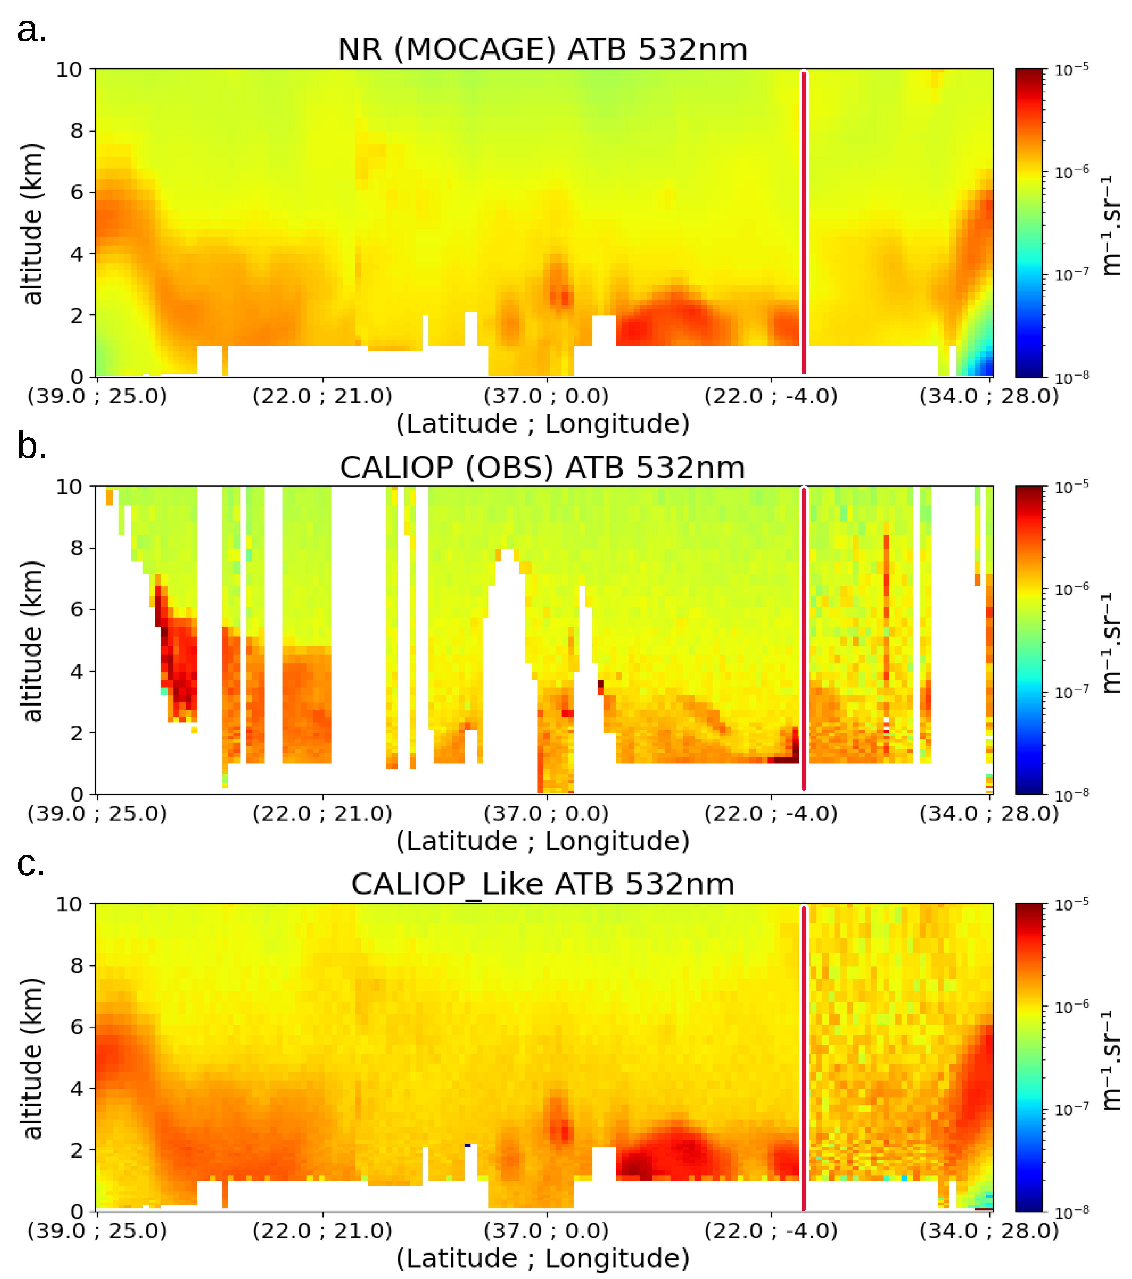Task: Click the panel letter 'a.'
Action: [31, 30]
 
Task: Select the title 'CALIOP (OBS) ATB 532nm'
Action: [542, 468]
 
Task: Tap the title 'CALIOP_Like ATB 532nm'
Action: [542, 884]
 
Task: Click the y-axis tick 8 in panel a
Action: [76, 131]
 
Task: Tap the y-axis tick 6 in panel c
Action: [76, 1027]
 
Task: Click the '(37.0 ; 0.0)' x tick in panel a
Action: [546, 396]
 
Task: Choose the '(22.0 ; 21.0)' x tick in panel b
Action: [322, 814]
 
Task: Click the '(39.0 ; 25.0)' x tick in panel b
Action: [97, 814]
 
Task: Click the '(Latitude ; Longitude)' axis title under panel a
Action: [542, 424]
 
